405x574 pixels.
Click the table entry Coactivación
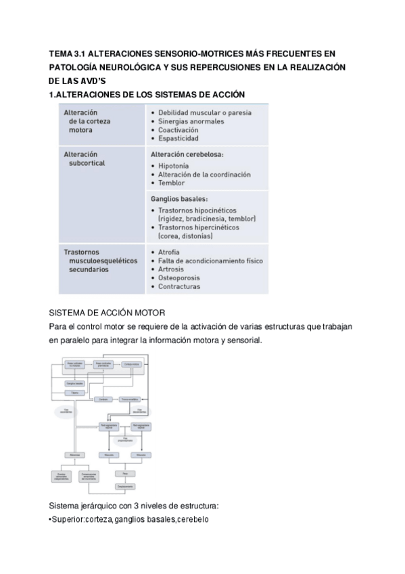178,129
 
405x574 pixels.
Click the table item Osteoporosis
181,277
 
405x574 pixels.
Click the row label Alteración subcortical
87,158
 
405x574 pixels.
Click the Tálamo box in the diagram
74,393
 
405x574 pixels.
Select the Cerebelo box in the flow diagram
103,399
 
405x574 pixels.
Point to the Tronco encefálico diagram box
129,399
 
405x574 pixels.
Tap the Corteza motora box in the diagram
132,364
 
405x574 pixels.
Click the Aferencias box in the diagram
75,454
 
